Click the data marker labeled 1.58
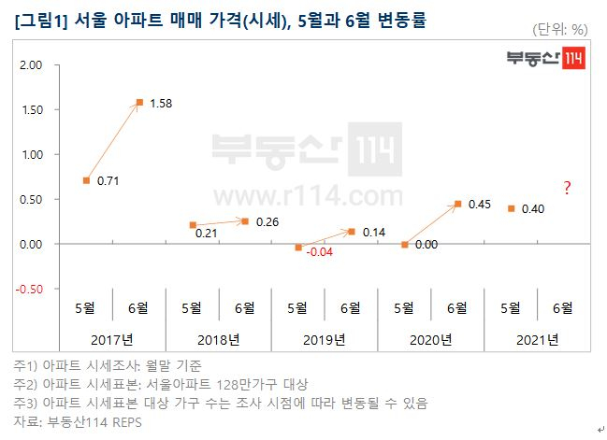139,102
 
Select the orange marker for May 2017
86,180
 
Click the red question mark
567,190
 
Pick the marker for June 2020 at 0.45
457,204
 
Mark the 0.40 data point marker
511,208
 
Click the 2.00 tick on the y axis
31,65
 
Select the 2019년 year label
325,339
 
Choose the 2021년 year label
537,339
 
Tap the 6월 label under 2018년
245,306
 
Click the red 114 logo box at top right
571,59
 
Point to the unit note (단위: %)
558,29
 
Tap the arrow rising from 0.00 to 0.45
430,224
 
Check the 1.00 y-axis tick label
31,154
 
